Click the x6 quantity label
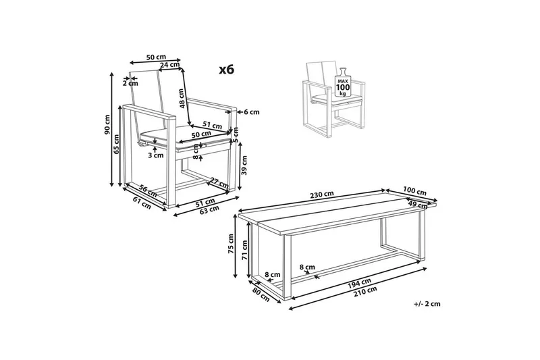tap(227, 70)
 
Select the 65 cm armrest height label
tap(116, 144)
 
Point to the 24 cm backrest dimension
tap(169, 64)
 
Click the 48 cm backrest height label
tap(182, 98)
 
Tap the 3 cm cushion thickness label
tap(156, 155)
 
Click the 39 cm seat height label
tap(244, 165)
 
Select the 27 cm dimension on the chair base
tap(219, 182)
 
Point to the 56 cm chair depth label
tap(148, 190)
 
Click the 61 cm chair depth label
tap(142, 203)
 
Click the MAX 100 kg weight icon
tap(343, 82)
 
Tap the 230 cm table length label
tap(322, 195)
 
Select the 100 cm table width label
tap(415, 192)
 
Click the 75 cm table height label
tap(231, 244)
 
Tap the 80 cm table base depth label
tap(261, 294)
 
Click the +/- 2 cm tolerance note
tap(427, 304)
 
